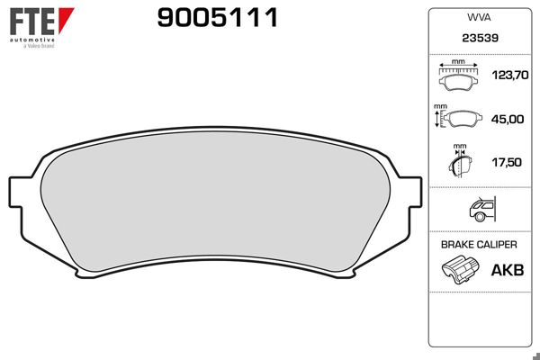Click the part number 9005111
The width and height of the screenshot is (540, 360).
pyautogui.click(x=218, y=17)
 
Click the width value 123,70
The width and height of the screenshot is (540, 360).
pyautogui.click(x=507, y=78)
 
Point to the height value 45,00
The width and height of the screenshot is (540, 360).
pyautogui.click(x=507, y=119)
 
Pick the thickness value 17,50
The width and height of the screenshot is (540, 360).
pyautogui.click(x=507, y=162)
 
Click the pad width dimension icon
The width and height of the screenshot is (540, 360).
pyautogui.click(x=460, y=77)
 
